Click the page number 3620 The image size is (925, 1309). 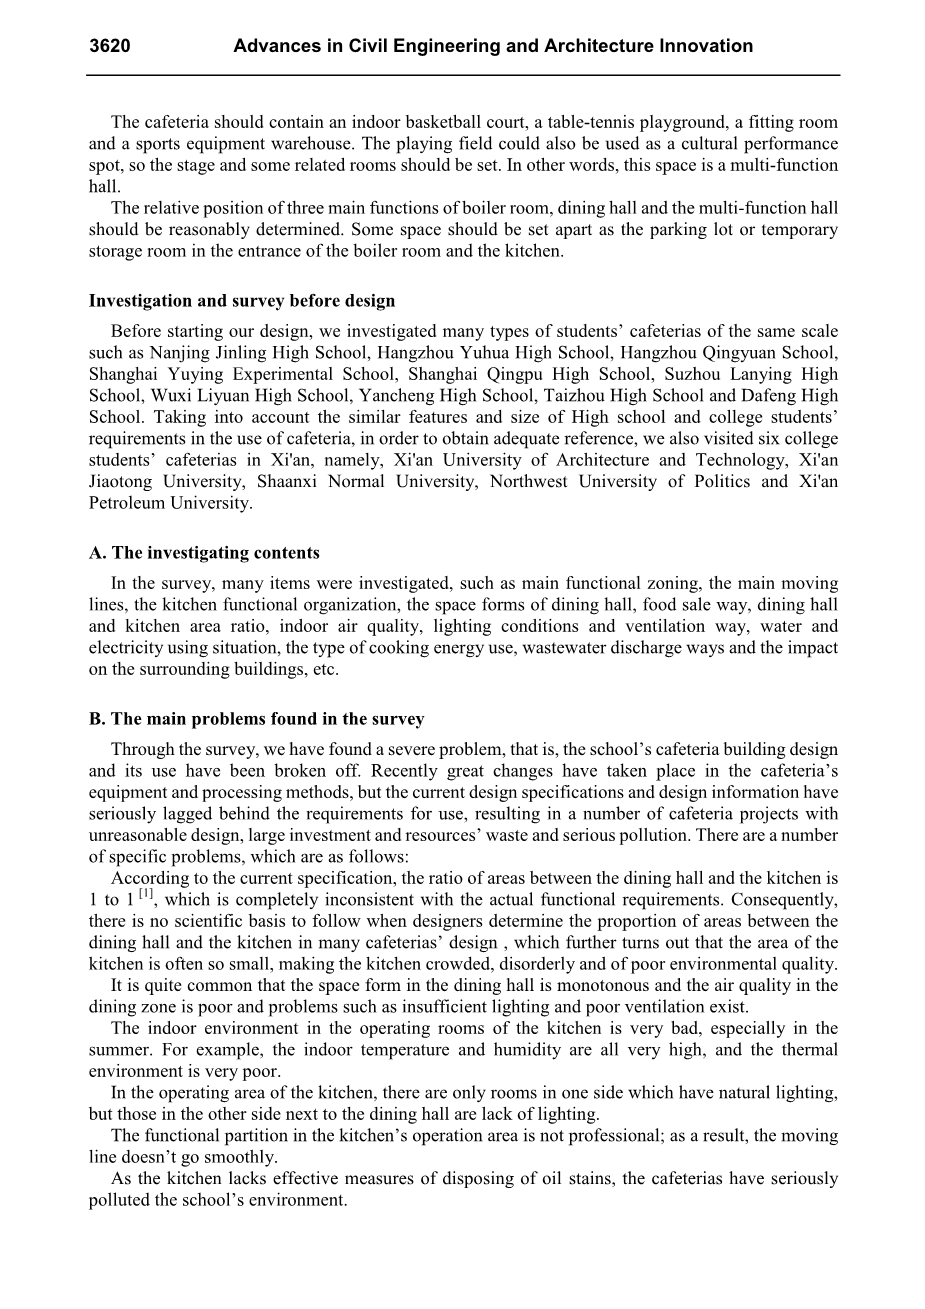click(x=110, y=46)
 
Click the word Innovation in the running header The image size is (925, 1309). click(x=705, y=46)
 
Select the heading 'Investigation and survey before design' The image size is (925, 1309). click(x=242, y=301)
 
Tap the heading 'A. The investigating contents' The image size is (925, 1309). click(x=204, y=553)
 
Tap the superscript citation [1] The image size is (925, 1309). click(x=146, y=894)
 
